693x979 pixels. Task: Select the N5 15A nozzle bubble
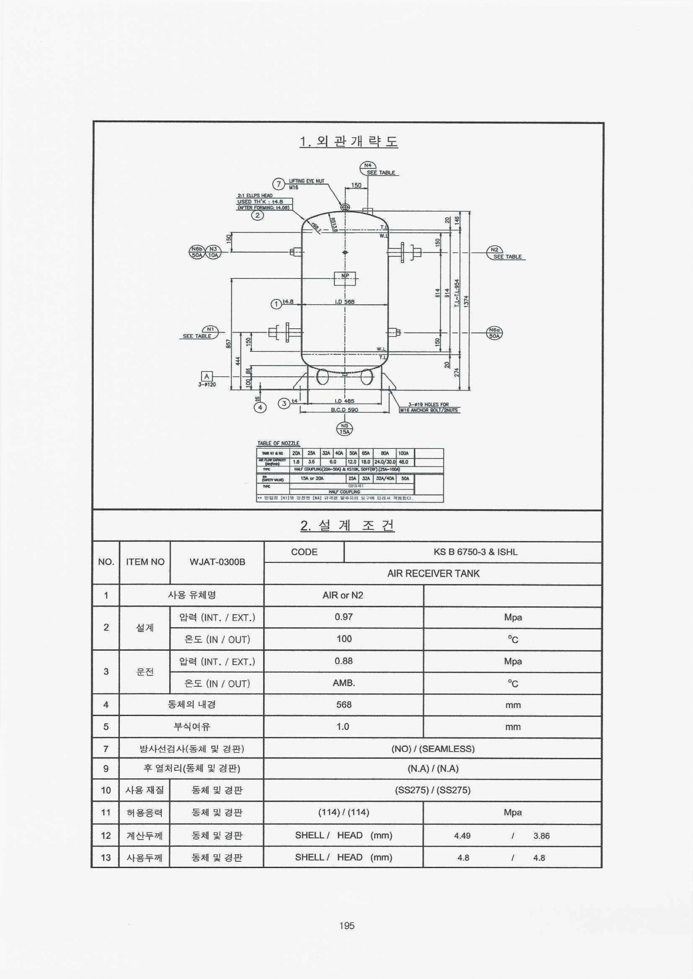344,429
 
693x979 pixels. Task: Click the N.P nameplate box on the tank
345,278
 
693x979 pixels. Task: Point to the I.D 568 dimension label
344,302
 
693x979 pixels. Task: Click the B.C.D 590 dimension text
344,410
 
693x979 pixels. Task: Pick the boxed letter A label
207,376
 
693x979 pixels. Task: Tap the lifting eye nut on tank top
345,207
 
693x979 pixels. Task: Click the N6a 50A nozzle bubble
494,333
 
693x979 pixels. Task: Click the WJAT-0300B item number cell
217,562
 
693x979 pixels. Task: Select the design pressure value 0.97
344,617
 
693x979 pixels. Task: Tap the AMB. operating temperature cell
344,683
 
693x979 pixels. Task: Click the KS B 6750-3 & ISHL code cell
475,552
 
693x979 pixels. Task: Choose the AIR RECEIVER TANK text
433,574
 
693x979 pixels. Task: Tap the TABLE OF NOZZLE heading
278,443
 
